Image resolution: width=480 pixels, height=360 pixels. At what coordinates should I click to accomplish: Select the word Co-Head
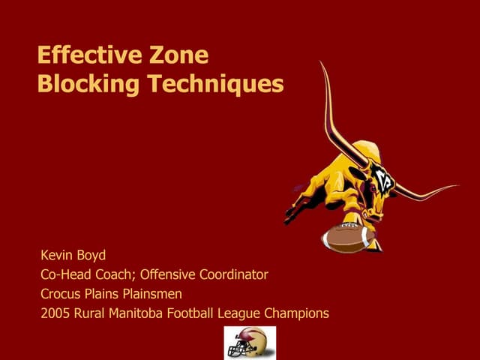[x=67, y=274]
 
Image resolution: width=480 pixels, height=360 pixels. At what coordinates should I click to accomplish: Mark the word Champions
[x=298, y=313]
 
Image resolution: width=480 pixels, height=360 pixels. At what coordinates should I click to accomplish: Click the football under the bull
[x=346, y=237]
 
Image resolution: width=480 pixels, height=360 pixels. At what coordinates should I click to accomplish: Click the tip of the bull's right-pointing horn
[x=454, y=186]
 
